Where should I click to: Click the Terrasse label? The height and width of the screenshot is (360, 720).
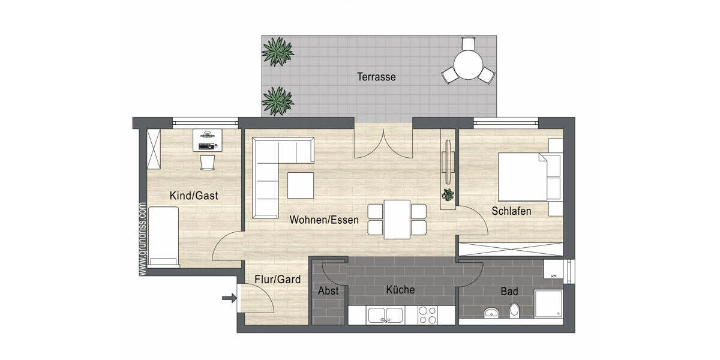point(376,77)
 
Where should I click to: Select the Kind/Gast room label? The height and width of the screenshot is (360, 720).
point(194,196)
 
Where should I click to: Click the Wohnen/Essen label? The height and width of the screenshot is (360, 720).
point(324,220)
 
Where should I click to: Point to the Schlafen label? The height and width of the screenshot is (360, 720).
point(511,211)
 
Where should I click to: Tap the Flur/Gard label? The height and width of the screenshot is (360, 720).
point(277,279)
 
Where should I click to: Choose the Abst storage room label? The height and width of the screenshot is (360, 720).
point(328,291)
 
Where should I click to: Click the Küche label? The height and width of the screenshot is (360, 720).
point(400,290)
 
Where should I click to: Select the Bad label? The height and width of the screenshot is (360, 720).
point(509,292)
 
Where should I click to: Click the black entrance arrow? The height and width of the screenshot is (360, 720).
point(229,298)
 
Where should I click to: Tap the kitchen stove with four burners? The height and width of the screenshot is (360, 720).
point(427,315)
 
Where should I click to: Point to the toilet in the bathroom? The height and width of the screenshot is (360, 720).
point(514,311)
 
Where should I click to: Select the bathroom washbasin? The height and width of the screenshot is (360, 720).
point(492,313)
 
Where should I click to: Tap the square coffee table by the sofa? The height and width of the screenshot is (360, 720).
point(300,185)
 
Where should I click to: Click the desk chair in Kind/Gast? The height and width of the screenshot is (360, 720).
point(207,162)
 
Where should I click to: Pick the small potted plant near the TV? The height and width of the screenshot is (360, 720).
point(448,194)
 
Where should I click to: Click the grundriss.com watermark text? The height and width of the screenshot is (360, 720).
point(142,239)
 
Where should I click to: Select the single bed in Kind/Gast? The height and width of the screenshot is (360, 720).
point(164,236)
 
